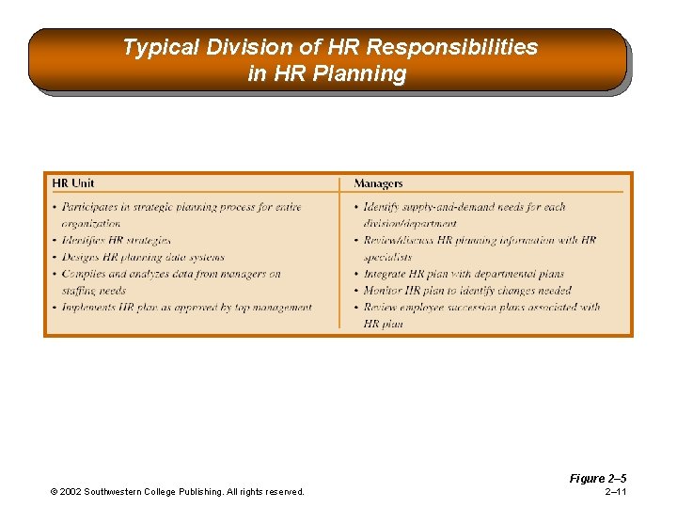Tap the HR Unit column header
click(73, 183)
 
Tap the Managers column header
click(378, 183)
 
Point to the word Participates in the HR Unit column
click(90, 207)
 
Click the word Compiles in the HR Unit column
click(84, 275)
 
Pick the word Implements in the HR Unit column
click(92, 308)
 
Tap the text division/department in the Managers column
click(410, 224)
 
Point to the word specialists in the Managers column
click(387, 257)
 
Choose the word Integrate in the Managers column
click(386, 274)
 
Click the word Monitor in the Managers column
click(383, 291)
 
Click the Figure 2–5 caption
click(597, 479)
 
